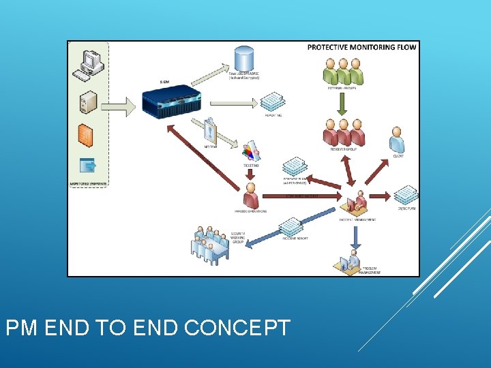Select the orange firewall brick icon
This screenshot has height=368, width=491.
(85, 134)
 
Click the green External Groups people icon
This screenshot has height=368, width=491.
(342, 70)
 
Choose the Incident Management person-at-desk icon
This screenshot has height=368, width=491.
(357, 202)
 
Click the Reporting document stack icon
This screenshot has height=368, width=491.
(273, 102)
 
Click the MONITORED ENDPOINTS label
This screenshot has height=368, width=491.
(87, 183)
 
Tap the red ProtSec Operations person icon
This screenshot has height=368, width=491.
(250, 196)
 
